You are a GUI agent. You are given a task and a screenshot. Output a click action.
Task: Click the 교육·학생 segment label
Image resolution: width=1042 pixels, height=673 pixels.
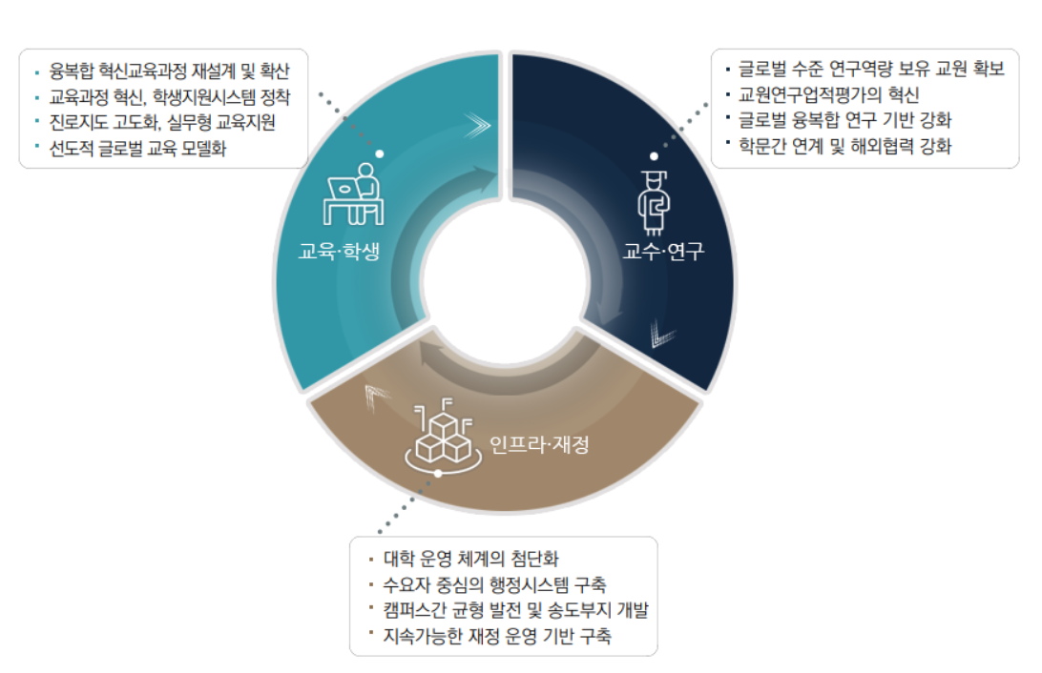point(339,251)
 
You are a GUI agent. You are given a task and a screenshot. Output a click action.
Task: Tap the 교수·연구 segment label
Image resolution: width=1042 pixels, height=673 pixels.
point(663,251)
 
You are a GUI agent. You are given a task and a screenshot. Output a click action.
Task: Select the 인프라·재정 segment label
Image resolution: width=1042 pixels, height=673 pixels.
point(539,444)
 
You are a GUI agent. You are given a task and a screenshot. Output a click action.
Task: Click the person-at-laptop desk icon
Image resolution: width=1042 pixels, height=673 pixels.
point(354,194)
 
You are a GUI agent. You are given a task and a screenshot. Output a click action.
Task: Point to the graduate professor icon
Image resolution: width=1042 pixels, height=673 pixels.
point(654,202)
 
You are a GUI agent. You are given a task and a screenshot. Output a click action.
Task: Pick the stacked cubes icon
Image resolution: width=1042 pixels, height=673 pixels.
point(444,435)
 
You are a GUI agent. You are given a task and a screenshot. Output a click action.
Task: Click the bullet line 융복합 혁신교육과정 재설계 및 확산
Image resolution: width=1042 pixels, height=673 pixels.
point(170,71)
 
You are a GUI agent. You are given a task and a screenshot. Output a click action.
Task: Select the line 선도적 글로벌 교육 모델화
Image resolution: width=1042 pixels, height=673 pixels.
point(137,148)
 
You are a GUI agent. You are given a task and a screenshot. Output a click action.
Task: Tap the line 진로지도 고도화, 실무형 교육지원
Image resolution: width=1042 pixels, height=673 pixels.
point(162,122)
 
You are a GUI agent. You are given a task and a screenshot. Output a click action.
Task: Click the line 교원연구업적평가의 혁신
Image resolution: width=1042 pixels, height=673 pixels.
point(828,95)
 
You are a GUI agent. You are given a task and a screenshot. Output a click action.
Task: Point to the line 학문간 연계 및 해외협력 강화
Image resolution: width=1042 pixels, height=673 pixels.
point(844,146)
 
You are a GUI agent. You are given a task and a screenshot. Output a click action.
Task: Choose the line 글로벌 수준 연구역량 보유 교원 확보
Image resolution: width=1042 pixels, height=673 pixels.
point(871,69)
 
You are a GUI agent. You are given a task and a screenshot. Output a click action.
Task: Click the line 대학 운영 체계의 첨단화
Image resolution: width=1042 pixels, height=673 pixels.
point(471,559)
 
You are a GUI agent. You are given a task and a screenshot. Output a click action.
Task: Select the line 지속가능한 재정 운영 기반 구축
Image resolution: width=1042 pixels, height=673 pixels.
point(497,636)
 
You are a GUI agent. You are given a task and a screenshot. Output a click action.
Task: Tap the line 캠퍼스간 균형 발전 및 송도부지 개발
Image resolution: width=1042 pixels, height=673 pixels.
point(515,610)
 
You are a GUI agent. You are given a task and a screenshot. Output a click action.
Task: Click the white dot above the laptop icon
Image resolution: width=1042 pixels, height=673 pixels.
point(380,154)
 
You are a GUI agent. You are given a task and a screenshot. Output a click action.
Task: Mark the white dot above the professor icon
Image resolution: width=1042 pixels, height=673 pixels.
point(654,156)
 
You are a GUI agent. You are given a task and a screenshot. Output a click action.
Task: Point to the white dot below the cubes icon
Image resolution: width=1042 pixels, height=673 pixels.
point(438,473)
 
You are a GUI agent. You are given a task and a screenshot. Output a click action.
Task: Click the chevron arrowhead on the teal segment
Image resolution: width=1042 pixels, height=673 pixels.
point(478,125)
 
